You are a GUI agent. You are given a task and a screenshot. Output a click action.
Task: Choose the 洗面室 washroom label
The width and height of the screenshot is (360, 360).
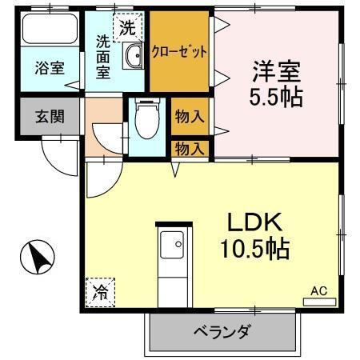(x=103, y=58)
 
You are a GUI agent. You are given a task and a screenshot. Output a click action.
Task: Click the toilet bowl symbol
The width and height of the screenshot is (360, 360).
(x=146, y=122)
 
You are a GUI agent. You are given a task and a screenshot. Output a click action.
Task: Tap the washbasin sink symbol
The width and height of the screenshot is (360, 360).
(x=134, y=56)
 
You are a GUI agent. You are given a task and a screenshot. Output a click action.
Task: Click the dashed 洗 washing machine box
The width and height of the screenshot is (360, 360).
(x=128, y=28)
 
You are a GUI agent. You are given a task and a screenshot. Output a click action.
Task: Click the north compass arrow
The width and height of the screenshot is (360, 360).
(x=36, y=258)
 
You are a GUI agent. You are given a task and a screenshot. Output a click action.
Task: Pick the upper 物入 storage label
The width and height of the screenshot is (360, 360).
(x=190, y=115)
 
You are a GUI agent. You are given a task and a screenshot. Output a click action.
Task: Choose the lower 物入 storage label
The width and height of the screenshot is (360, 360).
(x=190, y=148)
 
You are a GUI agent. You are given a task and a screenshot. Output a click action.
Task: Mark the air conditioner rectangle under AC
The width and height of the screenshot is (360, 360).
(x=318, y=302)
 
